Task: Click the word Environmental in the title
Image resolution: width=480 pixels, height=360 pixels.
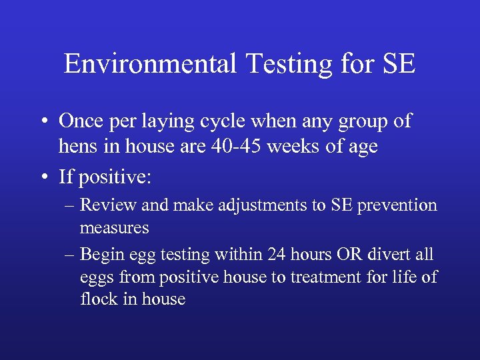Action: click(x=150, y=64)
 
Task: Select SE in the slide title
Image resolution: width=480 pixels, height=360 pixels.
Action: click(x=399, y=64)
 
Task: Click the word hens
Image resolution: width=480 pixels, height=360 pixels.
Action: click(x=79, y=146)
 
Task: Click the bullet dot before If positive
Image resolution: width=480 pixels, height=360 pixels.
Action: click(x=43, y=177)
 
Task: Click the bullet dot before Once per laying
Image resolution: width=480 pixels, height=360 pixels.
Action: click(x=43, y=122)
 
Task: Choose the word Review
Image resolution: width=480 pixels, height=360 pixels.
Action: click(x=109, y=205)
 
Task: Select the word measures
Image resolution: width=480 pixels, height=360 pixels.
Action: click(x=114, y=228)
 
